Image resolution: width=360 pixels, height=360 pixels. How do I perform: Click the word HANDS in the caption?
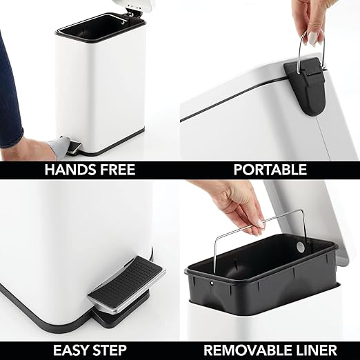click(x=68, y=170)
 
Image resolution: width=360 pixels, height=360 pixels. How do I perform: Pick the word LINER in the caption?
click(x=315, y=349)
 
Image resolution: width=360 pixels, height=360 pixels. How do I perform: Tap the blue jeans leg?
click(x=10, y=97)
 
